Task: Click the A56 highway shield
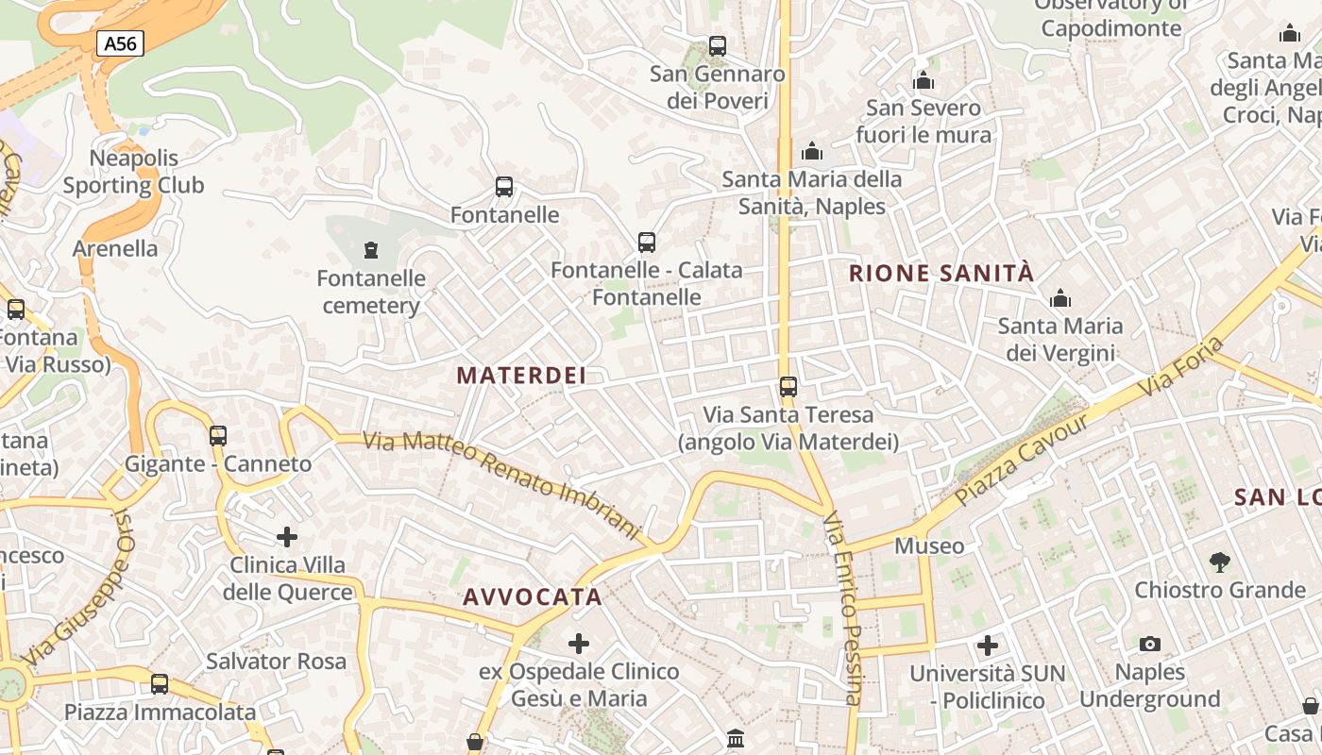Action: coord(120,42)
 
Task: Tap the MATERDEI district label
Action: coord(521,375)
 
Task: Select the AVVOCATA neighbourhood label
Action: coord(533,596)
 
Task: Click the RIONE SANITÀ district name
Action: coord(941,274)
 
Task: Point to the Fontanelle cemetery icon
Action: coord(371,250)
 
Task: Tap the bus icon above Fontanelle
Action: coord(504,187)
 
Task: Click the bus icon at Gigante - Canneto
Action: coord(218,435)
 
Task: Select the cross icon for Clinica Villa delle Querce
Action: coord(287,537)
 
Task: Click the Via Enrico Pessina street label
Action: coord(842,609)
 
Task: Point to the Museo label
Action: coord(929,545)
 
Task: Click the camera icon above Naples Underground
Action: coord(1149,644)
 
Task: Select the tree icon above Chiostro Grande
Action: coord(1220,562)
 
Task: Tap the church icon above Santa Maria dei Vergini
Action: coord(1060,299)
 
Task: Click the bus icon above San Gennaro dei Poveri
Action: coord(718,45)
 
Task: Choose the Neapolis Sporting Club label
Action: coord(133,172)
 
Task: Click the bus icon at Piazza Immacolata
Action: coord(160,683)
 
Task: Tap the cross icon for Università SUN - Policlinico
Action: coord(988,646)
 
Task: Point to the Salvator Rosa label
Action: coord(276,661)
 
